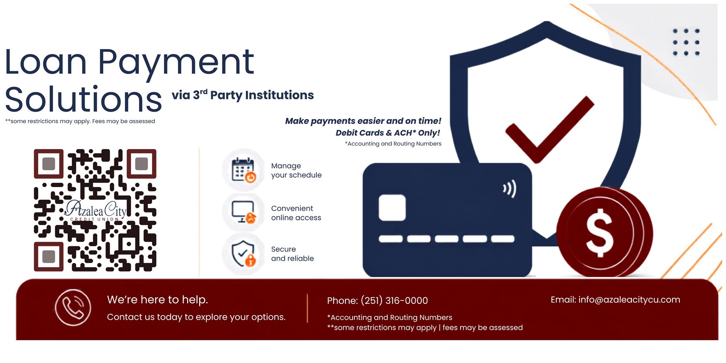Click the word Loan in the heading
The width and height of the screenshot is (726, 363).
[x=46, y=61]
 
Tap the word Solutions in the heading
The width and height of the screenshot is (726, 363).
[x=83, y=99]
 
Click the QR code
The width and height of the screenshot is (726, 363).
[x=95, y=210]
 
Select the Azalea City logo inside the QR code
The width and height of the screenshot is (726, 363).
[x=96, y=211]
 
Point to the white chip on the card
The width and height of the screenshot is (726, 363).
[x=392, y=208]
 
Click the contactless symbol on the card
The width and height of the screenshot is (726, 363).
[x=509, y=188]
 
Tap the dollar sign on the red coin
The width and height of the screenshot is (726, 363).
[x=600, y=233]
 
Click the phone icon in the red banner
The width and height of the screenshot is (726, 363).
[x=73, y=307]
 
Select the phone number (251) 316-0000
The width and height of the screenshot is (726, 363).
[x=394, y=300]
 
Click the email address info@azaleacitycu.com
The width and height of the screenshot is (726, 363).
[x=629, y=300]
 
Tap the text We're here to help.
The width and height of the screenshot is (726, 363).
[x=157, y=299]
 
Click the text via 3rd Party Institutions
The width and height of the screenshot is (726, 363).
[x=243, y=95]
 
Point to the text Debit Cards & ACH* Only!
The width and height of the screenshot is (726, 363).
[x=388, y=133]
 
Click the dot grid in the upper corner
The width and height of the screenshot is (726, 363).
[x=686, y=42]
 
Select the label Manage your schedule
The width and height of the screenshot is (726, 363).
[x=296, y=170]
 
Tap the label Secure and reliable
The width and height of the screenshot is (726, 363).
[x=292, y=254]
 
